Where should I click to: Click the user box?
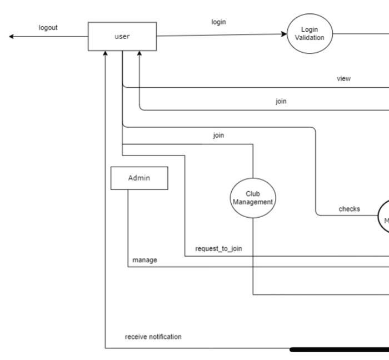[122, 37]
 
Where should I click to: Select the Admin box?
[139, 178]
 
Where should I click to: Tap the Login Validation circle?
[310, 34]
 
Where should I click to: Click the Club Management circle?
[253, 198]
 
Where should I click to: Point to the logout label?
[48, 28]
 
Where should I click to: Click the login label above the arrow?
[219, 22]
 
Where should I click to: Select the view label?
[344, 79]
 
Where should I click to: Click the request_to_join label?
[218, 248]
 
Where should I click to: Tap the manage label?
[144, 260]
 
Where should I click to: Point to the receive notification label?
[153, 337]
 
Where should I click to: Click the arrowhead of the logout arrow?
[12, 37]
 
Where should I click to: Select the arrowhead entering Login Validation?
[285, 34]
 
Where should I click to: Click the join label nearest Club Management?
[219, 135]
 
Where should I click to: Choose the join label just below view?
[281, 102]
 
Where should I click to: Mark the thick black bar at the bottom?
[339, 349]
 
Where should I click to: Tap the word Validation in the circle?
[310, 38]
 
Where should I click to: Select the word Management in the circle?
[253, 202]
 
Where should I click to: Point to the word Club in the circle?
[253, 194]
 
